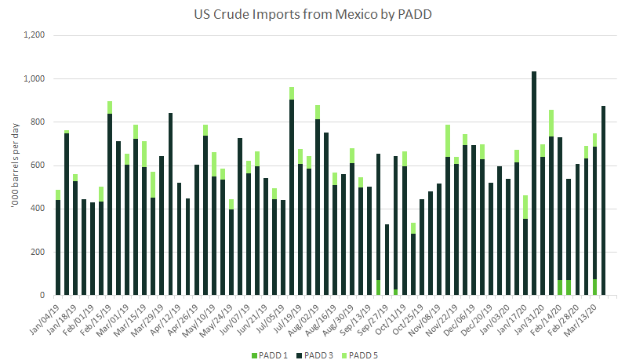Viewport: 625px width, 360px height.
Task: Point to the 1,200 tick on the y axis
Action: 35,35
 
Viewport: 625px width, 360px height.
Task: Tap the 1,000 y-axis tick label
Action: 35,79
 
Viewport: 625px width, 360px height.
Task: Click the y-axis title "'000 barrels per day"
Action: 13,165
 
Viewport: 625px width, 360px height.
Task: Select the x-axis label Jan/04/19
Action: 49,314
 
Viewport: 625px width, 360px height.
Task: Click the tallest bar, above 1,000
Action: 534,184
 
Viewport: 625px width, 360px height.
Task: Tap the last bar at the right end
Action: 603,201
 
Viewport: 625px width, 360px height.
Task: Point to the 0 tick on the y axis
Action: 45,296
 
